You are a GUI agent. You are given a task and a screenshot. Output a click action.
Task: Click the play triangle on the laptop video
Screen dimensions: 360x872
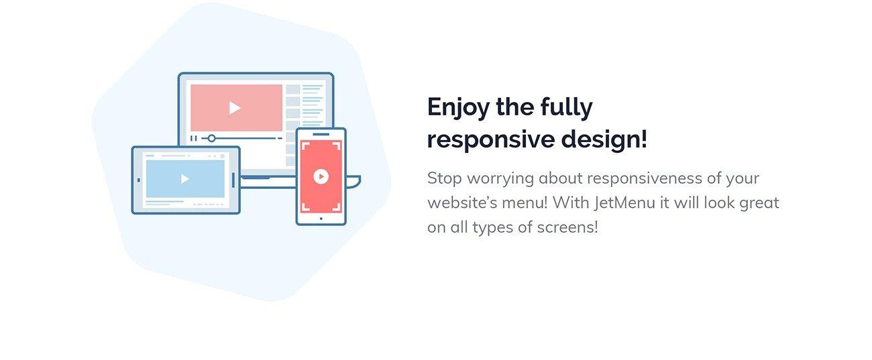tap(234, 108)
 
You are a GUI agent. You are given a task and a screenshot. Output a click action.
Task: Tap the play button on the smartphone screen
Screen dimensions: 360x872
tap(321, 176)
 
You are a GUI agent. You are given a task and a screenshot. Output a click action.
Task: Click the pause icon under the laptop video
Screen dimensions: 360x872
tap(193, 138)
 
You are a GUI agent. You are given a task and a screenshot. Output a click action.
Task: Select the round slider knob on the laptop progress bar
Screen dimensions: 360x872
tap(211, 138)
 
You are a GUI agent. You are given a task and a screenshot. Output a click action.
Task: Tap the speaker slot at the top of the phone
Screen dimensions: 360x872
tap(321, 134)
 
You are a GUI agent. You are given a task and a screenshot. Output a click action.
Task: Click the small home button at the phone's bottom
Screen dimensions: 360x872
tap(321, 219)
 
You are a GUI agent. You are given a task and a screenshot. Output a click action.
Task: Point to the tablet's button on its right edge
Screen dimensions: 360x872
tap(233, 180)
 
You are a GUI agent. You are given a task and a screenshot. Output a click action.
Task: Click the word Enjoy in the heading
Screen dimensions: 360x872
tap(458, 107)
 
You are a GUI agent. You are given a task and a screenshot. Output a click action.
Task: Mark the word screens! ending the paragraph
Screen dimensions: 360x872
tap(567, 227)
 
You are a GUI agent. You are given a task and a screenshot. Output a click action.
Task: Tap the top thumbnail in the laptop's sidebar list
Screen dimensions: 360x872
tap(292, 89)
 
